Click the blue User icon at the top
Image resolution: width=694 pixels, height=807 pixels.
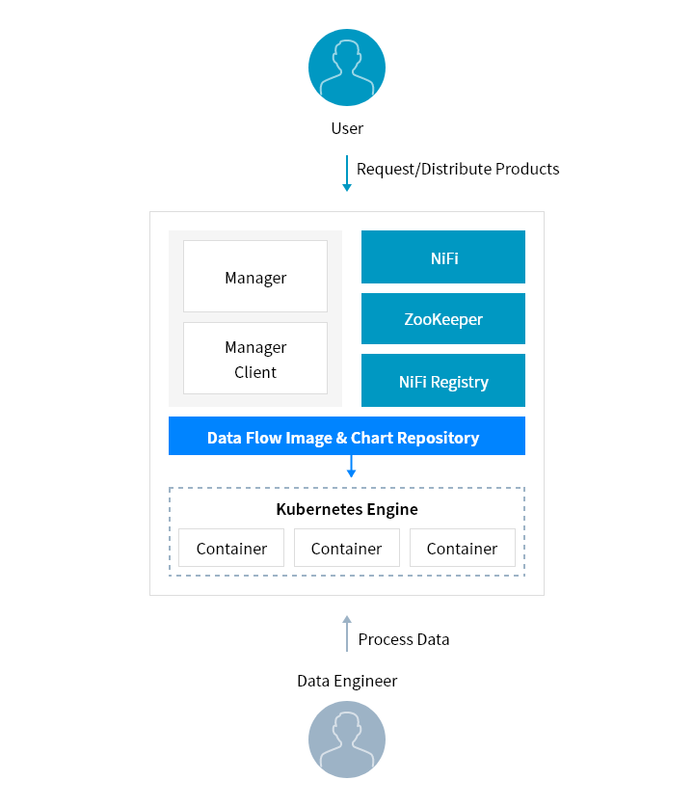[347, 67]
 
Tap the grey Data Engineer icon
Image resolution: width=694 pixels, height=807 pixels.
[347, 740]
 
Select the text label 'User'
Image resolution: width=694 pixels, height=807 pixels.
[347, 128]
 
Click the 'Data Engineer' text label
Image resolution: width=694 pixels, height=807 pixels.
[347, 682]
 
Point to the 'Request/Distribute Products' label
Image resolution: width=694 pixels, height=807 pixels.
[458, 169]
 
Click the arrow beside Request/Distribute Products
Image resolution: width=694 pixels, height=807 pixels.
[347, 174]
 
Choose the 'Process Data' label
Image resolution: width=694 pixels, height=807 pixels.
[404, 639]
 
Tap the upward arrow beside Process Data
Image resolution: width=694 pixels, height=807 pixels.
[347, 633]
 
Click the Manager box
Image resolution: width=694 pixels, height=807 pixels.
[255, 277]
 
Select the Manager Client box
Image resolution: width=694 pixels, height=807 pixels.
[255, 359]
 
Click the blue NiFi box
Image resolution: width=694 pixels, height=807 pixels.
[443, 257]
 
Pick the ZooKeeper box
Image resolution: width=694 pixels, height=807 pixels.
[443, 319]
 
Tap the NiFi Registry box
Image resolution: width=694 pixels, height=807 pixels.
[443, 381]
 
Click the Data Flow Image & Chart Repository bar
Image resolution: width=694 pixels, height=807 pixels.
[347, 437]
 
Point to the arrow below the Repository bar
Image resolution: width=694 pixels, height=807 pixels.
[352, 467]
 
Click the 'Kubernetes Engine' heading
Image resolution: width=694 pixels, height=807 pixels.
[347, 509]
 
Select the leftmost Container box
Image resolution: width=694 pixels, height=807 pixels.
[231, 548]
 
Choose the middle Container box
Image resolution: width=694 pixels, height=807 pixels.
[347, 548]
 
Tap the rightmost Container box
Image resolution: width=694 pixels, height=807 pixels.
[463, 548]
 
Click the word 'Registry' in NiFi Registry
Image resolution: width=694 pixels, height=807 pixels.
[460, 382]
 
